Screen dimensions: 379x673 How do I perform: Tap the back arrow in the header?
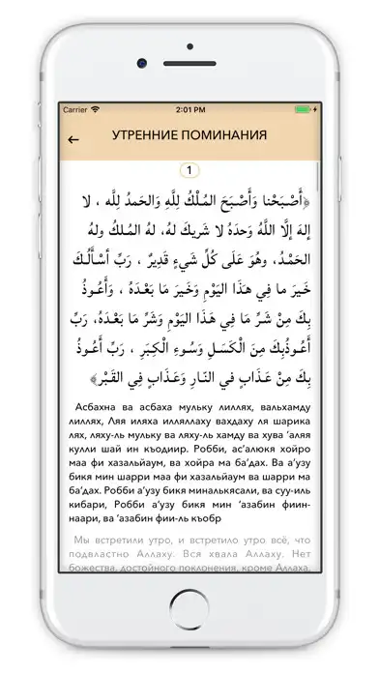pos(73,137)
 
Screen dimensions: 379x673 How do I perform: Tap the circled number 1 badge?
pos(189,171)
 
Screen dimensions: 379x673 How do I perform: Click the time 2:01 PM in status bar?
pos(189,110)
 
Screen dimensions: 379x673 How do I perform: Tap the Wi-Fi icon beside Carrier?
pos(96,110)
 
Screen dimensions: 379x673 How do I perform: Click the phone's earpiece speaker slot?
pos(189,62)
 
